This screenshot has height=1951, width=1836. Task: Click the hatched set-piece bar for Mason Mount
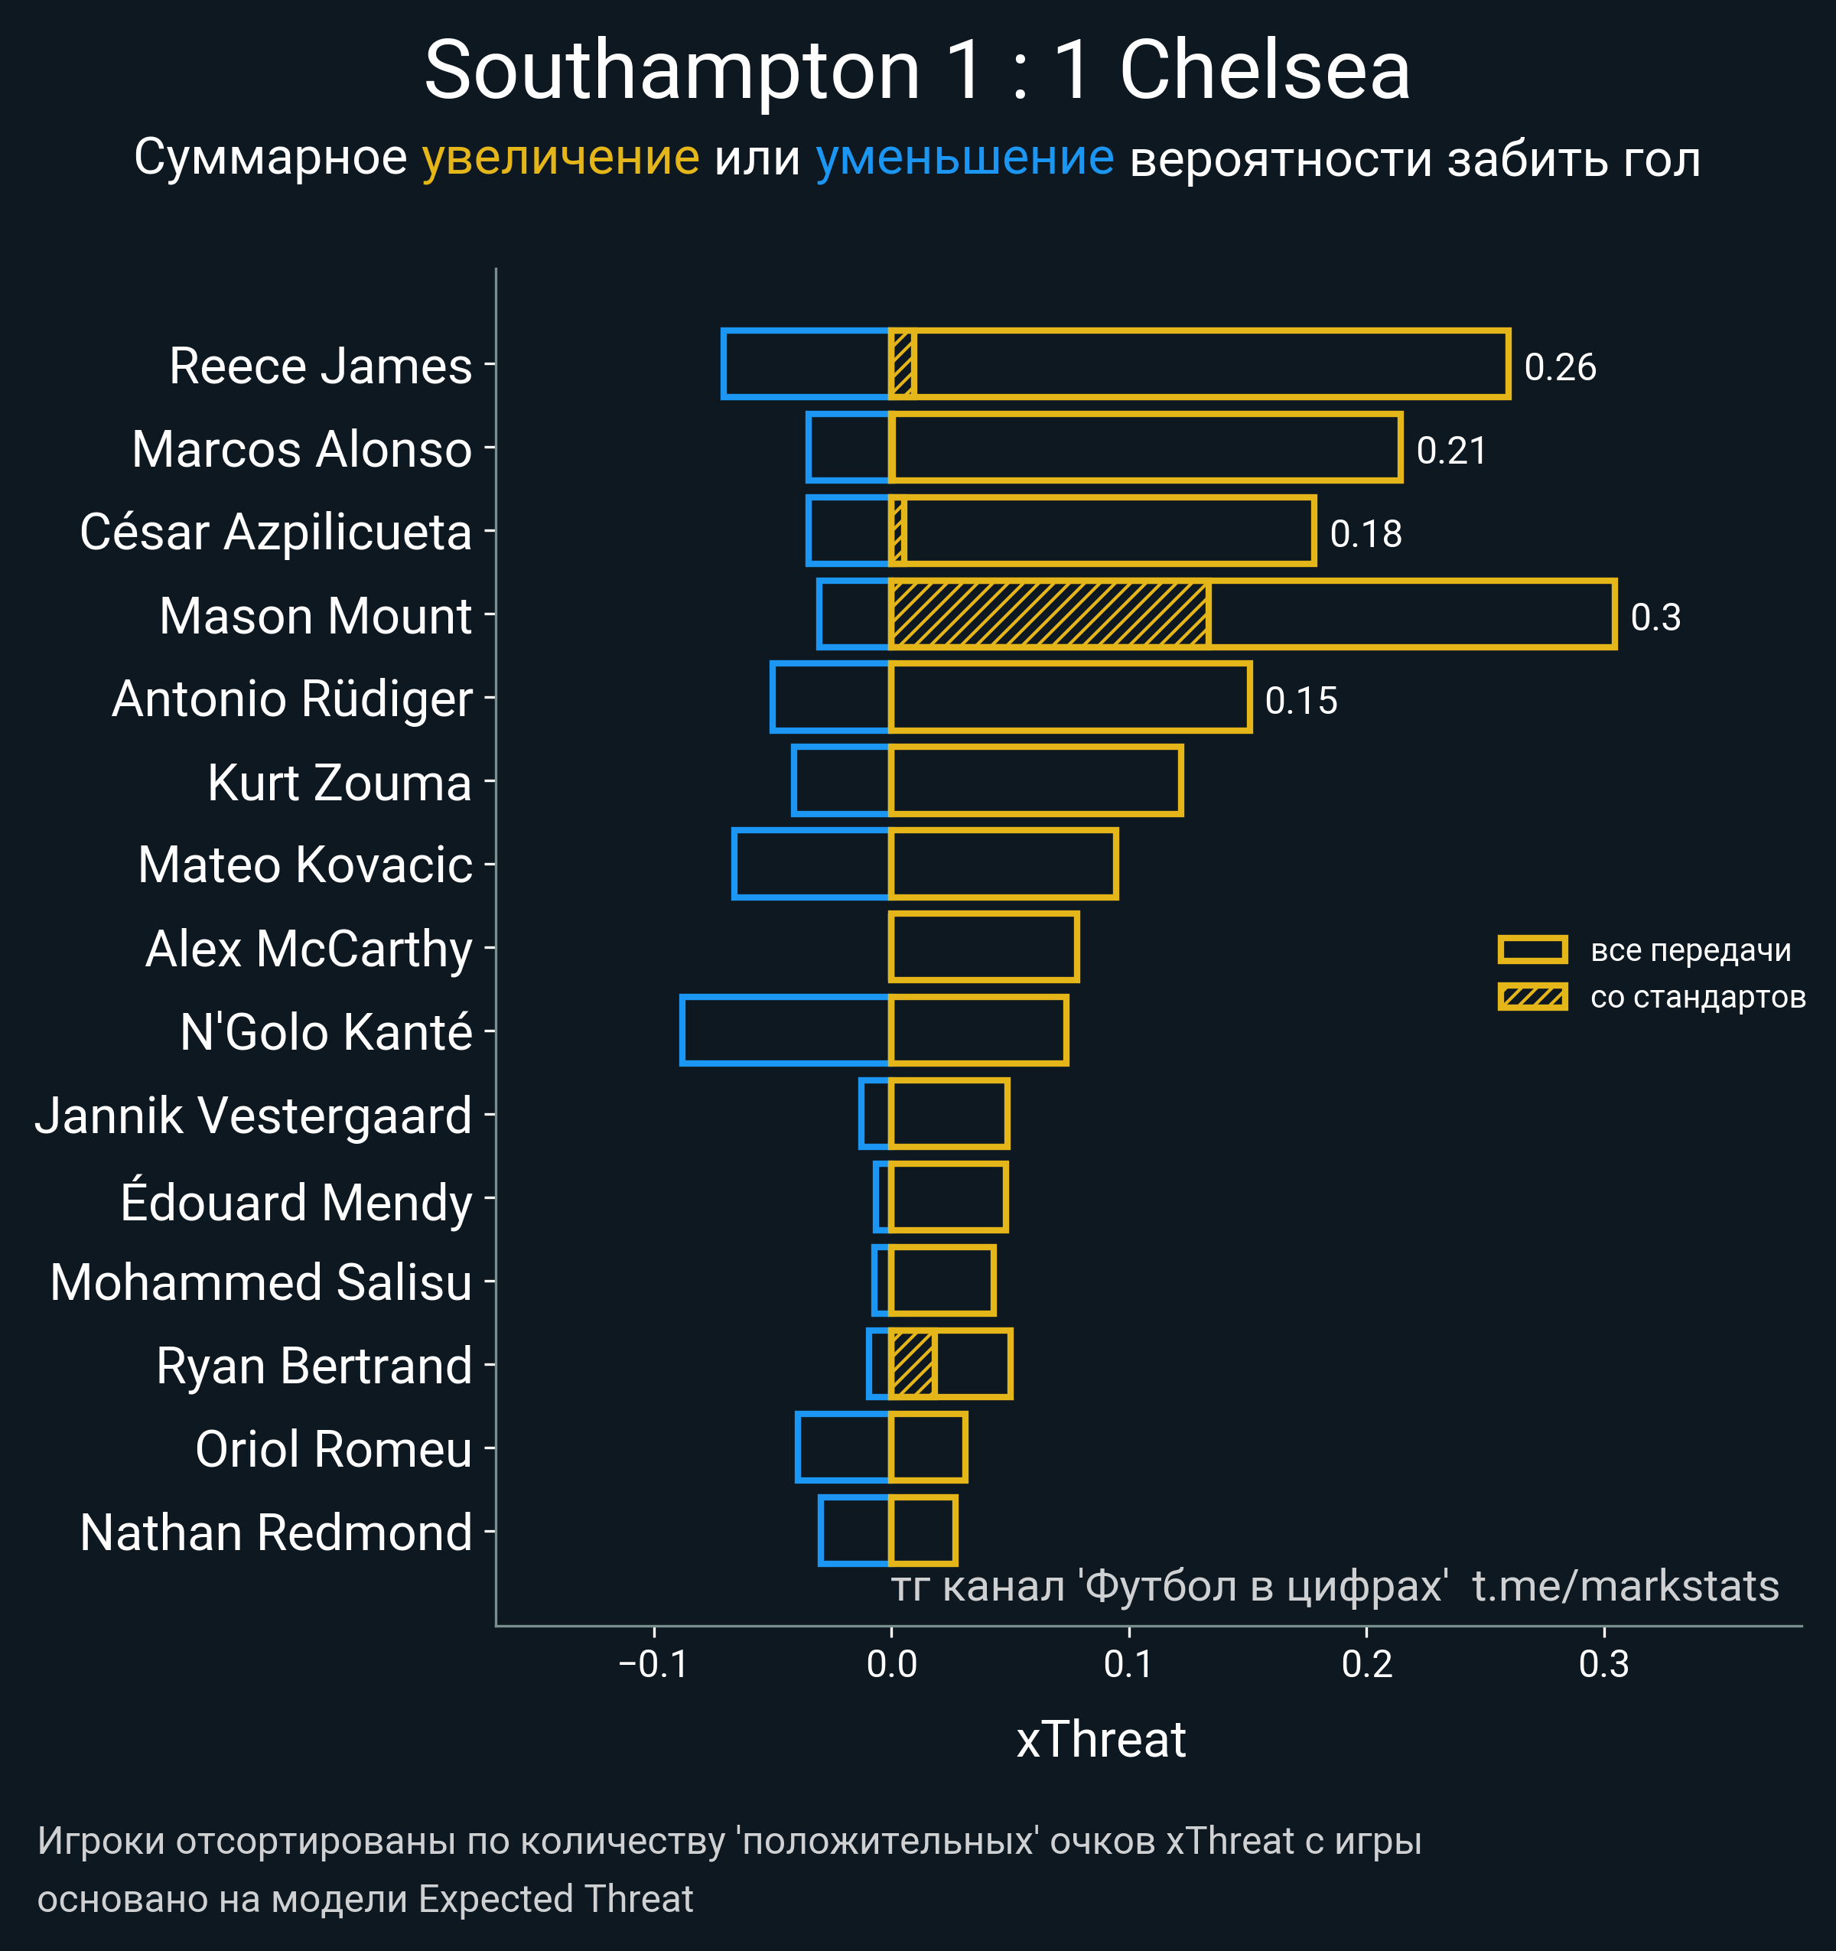tap(1048, 614)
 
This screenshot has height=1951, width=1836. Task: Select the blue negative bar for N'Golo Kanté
tap(785, 1031)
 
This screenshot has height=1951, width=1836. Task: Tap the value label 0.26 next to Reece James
tap(1559, 367)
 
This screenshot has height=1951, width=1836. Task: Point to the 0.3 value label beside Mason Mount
tap(1655, 617)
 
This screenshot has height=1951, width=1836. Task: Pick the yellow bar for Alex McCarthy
tap(983, 947)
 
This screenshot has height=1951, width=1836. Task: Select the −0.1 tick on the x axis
tap(653, 1663)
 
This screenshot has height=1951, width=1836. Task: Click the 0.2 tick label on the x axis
tap(1366, 1663)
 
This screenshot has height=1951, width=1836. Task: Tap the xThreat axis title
tap(1100, 1740)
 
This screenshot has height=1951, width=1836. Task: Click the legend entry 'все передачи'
tap(1690, 950)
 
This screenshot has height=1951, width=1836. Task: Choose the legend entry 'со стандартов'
tap(1698, 997)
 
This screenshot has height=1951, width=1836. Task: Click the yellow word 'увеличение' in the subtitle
tap(560, 158)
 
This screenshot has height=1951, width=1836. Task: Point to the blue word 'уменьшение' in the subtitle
tap(965, 158)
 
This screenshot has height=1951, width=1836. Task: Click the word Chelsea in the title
tap(1264, 70)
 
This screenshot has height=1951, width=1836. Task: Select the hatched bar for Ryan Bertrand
tap(913, 1364)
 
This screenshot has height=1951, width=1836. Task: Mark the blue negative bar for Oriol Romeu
tap(843, 1448)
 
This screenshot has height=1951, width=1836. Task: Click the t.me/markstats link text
tap(1625, 1586)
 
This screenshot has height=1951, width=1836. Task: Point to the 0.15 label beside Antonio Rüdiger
tap(1300, 701)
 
